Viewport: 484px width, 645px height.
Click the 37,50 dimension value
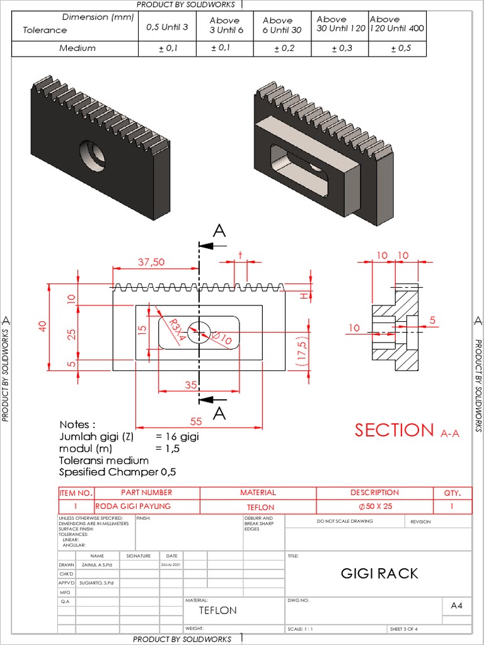[x=151, y=261]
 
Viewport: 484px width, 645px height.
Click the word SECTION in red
[x=394, y=430]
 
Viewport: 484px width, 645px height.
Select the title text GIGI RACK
[x=379, y=573]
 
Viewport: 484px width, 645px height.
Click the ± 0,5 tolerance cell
[x=400, y=49]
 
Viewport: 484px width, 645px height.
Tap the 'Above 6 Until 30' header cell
[x=282, y=25]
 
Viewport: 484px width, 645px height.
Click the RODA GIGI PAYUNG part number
[x=133, y=506]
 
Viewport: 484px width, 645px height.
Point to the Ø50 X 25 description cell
[x=375, y=506]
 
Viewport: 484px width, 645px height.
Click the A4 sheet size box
[x=457, y=605]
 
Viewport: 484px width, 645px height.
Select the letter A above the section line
[x=219, y=231]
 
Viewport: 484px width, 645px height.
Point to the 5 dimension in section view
[x=432, y=320]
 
